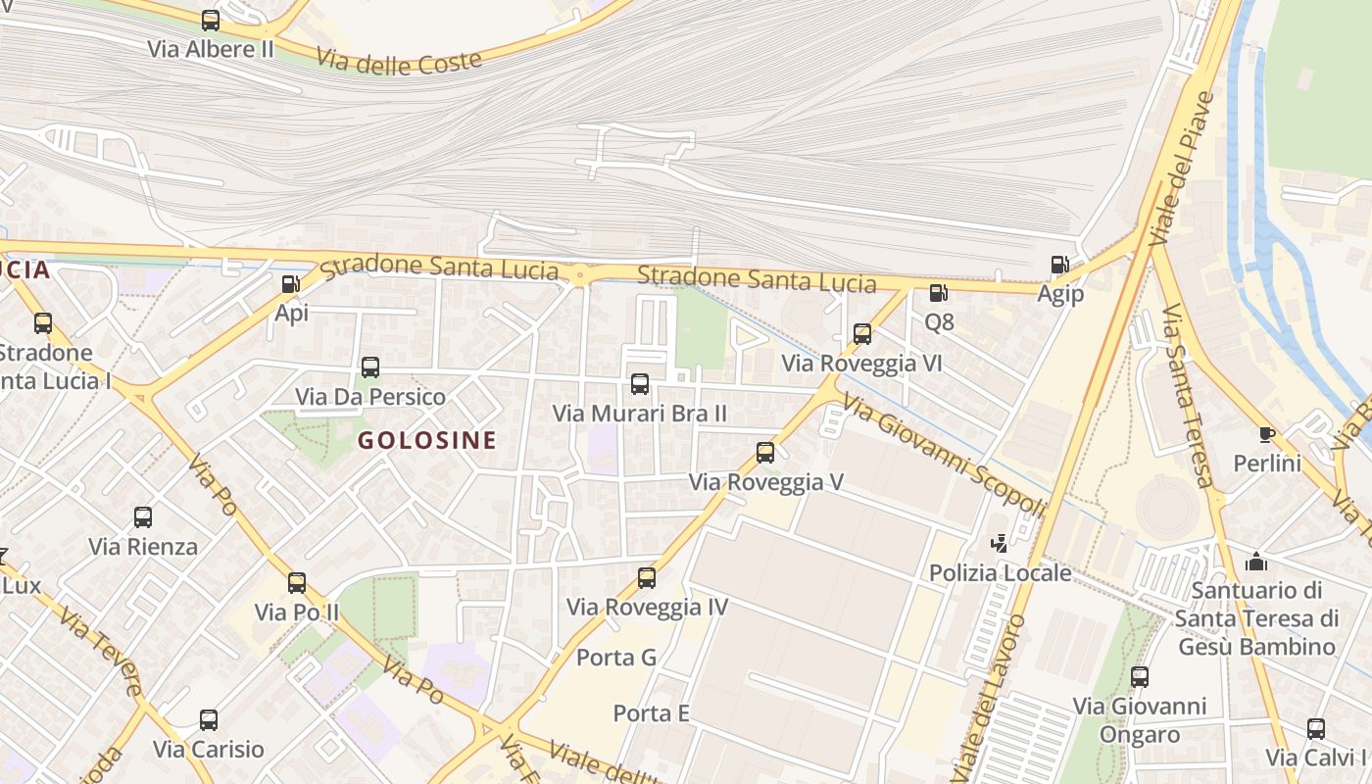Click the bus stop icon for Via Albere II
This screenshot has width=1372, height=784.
point(211,20)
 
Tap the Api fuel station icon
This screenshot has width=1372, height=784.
point(291,284)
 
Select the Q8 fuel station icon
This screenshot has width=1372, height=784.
point(938,292)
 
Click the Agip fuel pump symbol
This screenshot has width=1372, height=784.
point(1059,264)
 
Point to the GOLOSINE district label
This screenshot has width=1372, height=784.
point(426,440)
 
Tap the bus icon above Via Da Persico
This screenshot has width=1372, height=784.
point(369,367)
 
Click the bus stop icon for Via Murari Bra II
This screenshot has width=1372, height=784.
point(640,384)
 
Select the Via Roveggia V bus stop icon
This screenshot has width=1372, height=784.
point(765,453)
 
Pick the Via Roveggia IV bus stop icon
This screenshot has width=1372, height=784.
point(647,578)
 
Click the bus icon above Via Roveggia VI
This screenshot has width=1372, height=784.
point(862,334)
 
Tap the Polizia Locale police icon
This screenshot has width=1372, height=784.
point(1000,543)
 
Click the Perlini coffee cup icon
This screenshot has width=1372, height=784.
point(1266,434)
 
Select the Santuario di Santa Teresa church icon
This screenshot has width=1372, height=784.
point(1255,563)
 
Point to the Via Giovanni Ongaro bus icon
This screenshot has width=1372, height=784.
point(1140,676)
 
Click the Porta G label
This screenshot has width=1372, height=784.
point(616,657)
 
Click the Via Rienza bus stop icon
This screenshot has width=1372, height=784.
point(143,517)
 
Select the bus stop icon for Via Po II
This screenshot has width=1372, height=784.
point(297,583)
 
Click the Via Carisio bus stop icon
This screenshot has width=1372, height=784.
point(209,720)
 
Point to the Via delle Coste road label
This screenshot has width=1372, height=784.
point(400,61)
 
